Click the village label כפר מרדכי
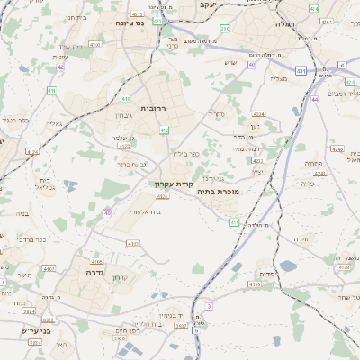(34, 241)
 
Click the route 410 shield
(125, 98)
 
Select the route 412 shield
(164, 130)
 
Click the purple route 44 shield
(315, 100)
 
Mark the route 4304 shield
(257, 114)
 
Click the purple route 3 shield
(209, 307)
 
